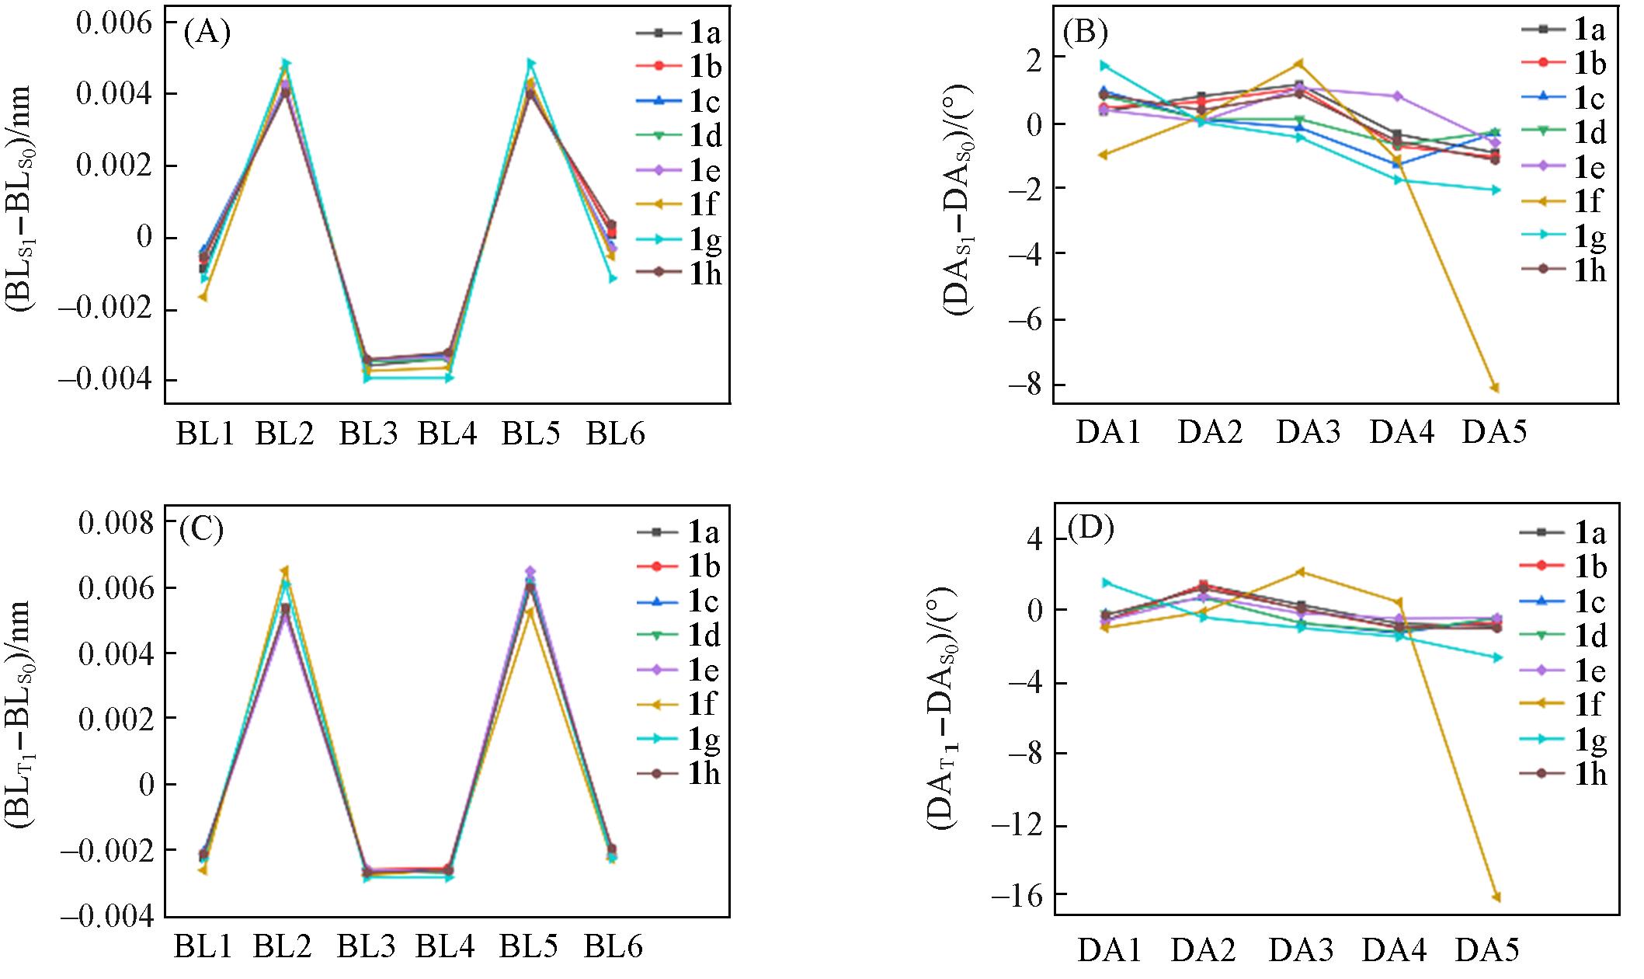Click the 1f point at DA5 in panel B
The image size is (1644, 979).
tap(1493, 388)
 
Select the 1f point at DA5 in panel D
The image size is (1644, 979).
tap(1493, 897)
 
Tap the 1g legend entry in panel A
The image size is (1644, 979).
tap(679, 239)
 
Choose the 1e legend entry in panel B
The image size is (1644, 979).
tap(1564, 168)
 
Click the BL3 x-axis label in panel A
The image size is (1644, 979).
tap(367, 434)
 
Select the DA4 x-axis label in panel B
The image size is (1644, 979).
tap(1401, 431)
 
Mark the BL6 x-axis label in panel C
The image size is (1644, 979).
tap(613, 947)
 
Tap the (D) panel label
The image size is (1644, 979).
tap(1090, 528)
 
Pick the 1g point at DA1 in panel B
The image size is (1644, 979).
tap(1104, 66)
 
